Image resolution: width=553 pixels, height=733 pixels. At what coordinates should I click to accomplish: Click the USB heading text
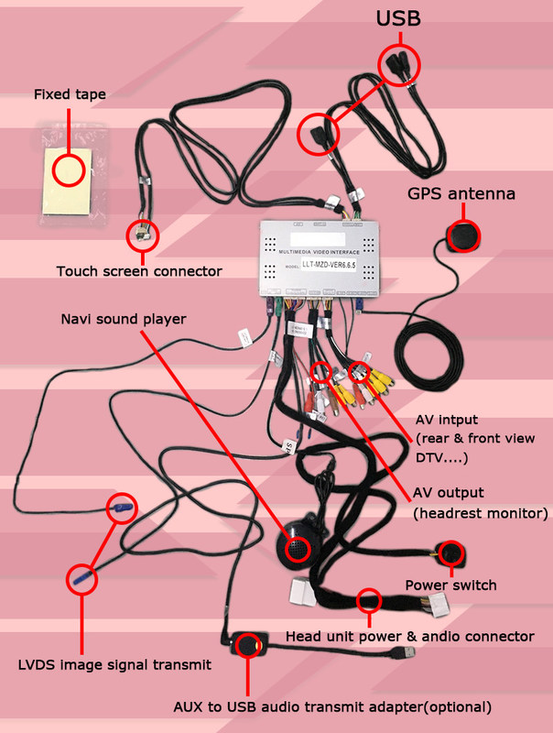click(399, 17)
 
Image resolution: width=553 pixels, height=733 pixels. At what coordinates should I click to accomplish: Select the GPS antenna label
click(461, 194)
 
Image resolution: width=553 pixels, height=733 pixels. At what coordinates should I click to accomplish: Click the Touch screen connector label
click(139, 271)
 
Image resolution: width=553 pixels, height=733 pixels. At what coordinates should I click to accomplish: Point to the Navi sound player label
click(124, 319)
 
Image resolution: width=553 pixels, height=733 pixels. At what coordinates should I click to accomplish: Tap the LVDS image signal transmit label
click(115, 664)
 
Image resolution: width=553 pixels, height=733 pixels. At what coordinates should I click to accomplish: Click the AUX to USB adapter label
click(332, 706)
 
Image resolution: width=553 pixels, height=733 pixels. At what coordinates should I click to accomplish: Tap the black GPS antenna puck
click(462, 235)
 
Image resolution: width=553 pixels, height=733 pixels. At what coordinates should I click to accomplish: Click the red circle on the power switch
click(450, 553)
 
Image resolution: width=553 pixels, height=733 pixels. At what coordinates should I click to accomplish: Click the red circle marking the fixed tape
click(69, 169)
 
